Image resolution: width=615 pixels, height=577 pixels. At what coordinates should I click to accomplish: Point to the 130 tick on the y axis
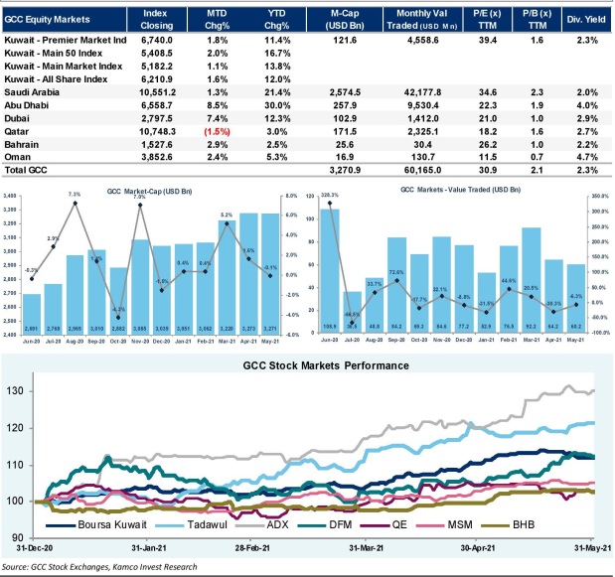click(18, 390)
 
